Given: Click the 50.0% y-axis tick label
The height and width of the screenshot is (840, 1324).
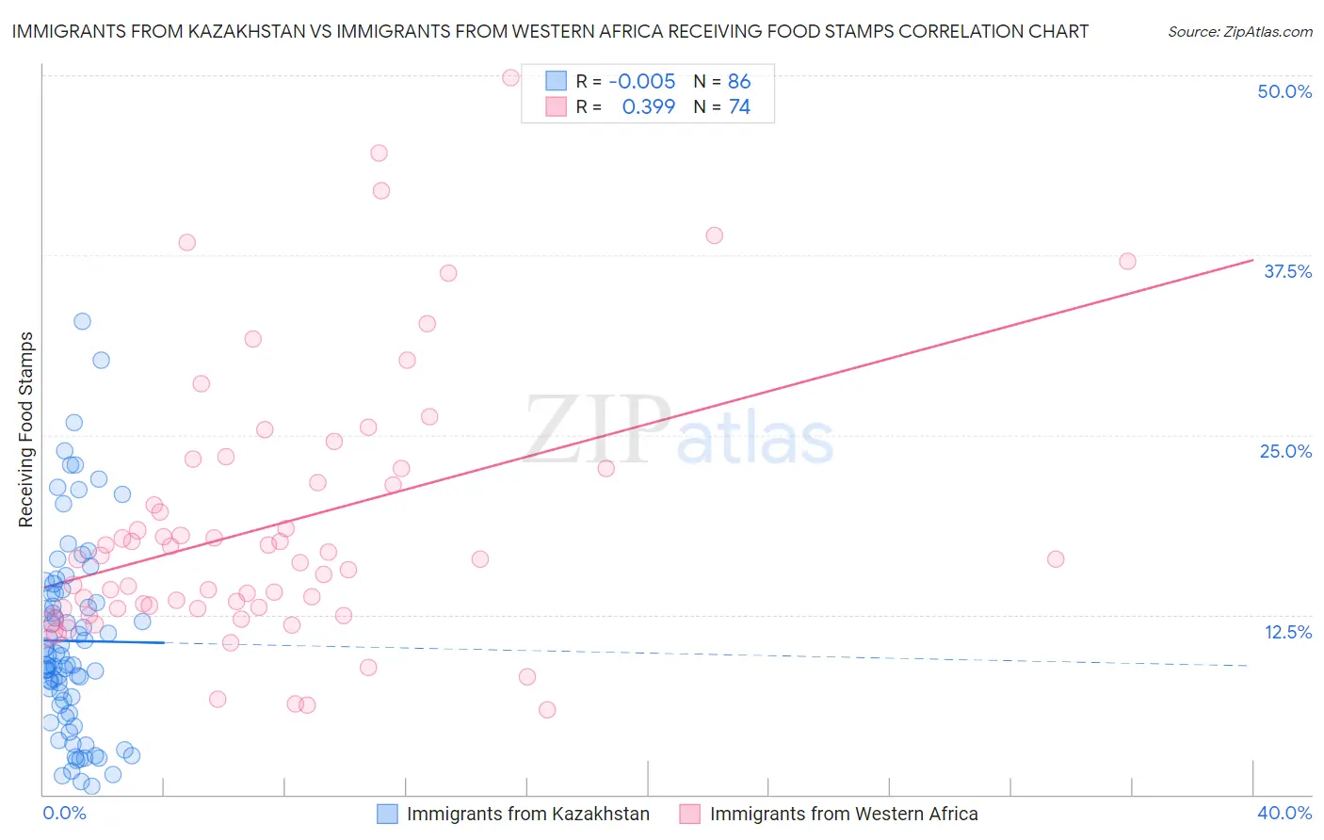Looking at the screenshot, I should tap(1284, 91).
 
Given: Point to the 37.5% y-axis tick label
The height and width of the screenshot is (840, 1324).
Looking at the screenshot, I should tap(1286, 271).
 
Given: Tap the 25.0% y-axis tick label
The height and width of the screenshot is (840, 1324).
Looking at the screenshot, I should tap(1284, 451).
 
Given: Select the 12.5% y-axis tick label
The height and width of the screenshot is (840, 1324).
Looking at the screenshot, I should tap(1287, 632).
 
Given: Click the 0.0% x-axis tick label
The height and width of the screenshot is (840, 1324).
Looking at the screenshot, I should tap(64, 813).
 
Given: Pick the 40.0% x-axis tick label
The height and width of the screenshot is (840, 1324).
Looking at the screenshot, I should tap(1284, 813).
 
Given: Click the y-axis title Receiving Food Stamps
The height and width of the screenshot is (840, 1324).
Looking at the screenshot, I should tap(25, 429).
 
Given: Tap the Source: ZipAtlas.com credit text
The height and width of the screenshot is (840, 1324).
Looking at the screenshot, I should tap(1239, 32).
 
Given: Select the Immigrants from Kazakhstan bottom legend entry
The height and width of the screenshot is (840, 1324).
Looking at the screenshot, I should tap(513, 814).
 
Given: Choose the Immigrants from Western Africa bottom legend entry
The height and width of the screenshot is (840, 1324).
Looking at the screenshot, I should tap(829, 814).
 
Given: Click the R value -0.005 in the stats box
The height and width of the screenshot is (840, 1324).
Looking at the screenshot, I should tap(642, 82).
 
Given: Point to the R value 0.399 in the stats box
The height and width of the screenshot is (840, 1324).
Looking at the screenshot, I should tap(649, 107).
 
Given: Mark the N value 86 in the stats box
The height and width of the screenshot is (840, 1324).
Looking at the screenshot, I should tap(739, 82).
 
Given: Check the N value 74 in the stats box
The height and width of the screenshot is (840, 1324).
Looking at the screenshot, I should tap(739, 107).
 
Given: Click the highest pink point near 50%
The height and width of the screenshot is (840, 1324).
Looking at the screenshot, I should tap(510, 77).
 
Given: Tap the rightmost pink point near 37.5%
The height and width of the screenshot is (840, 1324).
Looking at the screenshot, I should tap(1127, 261).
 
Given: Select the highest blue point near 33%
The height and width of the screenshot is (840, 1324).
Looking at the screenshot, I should tap(82, 321).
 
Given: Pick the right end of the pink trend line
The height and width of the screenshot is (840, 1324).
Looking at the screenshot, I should tap(1252, 260).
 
